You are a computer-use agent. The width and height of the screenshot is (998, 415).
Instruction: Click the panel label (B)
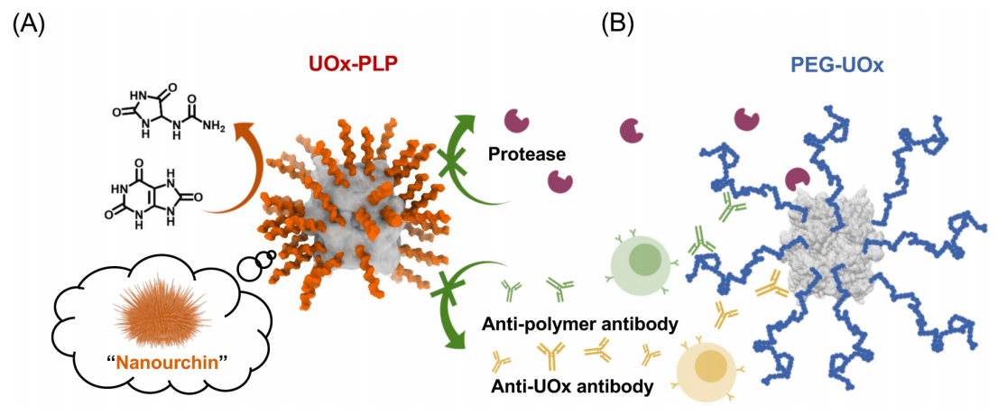click(x=618, y=24)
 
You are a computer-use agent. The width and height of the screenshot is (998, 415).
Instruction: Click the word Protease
click(x=527, y=154)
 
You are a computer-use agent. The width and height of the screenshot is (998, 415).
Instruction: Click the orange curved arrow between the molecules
click(x=235, y=171)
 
